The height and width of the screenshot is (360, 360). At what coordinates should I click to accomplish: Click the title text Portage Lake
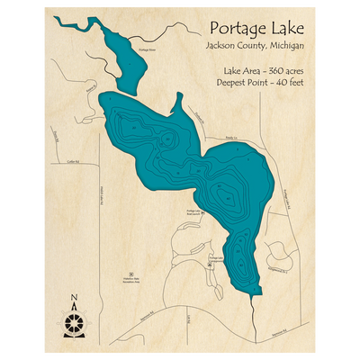pos(256,26)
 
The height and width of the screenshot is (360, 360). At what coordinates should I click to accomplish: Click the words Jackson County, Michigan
pos(256,45)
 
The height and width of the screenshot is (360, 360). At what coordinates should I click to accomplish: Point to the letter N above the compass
pos(74,300)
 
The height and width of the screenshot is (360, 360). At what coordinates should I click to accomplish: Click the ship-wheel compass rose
pos(74,319)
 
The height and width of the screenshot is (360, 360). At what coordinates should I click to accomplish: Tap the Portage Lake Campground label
pos(214,258)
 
